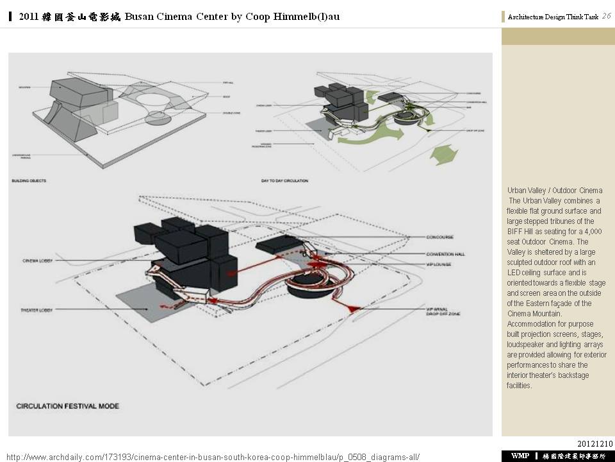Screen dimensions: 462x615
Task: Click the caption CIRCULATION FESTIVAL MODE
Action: [x=67, y=406]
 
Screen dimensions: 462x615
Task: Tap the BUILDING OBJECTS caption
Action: [x=29, y=181]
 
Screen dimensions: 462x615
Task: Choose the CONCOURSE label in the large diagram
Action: [x=440, y=237]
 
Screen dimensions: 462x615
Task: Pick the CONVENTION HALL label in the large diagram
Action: [x=445, y=254]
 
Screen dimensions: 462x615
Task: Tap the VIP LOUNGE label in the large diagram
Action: [x=439, y=264]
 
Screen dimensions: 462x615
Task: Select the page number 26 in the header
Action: [x=606, y=16]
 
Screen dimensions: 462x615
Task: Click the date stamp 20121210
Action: [x=595, y=443]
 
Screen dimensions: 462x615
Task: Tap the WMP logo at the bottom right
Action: [x=520, y=456]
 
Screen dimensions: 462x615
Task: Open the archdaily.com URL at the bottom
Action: [x=213, y=457]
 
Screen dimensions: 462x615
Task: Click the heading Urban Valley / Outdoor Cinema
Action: [x=555, y=191]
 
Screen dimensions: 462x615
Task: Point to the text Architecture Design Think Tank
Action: [x=553, y=17]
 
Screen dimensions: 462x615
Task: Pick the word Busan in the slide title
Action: [x=139, y=17]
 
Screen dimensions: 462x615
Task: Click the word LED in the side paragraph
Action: [x=513, y=273]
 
